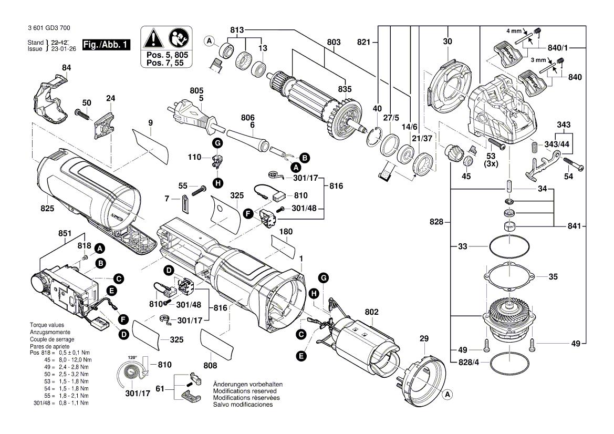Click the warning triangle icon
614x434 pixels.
coord(153,38)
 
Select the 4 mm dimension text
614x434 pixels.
coord(514,31)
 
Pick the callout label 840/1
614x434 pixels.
coord(558,47)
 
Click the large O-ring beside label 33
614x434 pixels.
coord(508,246)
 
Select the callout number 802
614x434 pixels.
coord(371,312)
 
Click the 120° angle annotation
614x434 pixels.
coord(132,357)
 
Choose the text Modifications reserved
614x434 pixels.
coord(245,391)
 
